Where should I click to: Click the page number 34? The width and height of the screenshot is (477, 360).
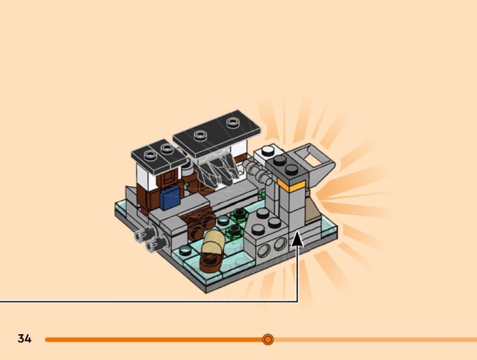coord(25,338)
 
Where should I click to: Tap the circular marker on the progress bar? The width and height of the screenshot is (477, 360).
coord(268,339)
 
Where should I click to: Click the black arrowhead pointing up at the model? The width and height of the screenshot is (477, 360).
coord(298,238)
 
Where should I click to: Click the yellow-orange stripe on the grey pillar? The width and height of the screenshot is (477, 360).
coord(291,185)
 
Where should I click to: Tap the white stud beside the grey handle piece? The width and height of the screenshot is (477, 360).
coord(268,150)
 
